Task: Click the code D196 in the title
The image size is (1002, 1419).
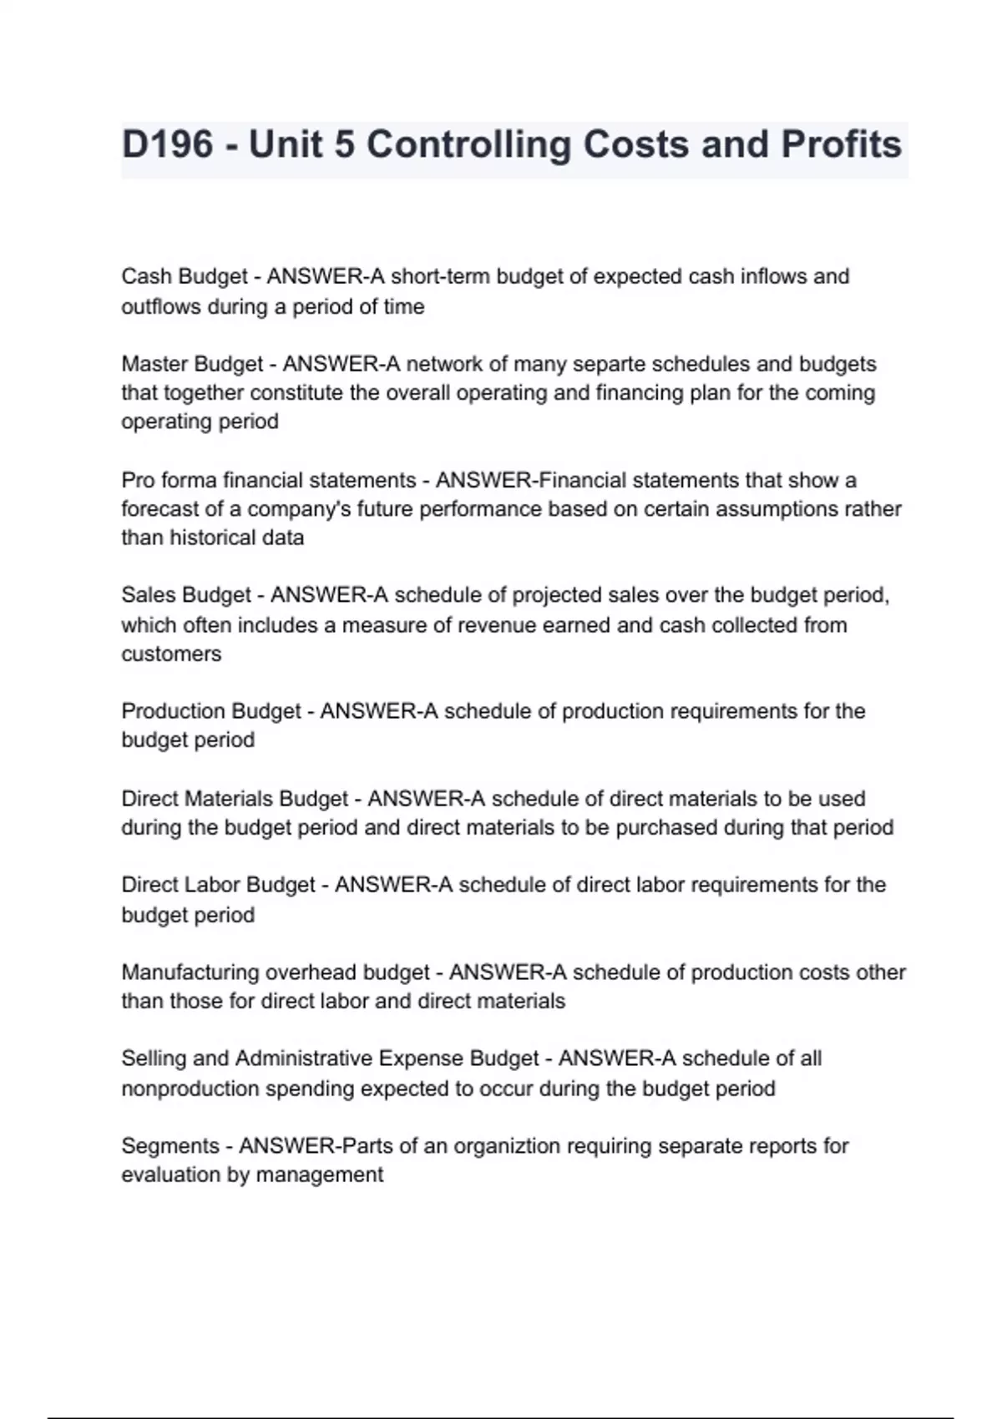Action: click(x=168, y=145)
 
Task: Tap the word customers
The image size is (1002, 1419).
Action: click(x=171, y=654)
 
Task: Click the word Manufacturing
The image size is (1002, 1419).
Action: click(x=190, y=972)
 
